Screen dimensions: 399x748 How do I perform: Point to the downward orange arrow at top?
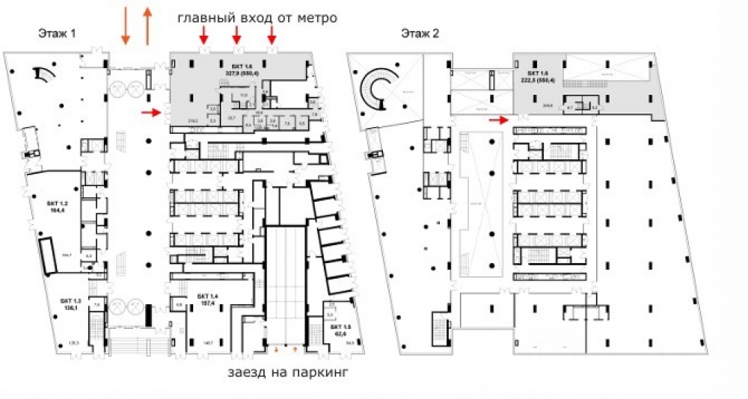126,25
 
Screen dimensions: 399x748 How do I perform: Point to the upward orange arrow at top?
147,25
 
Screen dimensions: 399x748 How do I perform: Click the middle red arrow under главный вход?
236,34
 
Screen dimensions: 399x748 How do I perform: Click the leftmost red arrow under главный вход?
203,34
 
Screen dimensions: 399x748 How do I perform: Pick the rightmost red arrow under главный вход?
272,34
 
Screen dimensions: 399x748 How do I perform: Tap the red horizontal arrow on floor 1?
152,113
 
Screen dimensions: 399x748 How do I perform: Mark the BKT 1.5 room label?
340,327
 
